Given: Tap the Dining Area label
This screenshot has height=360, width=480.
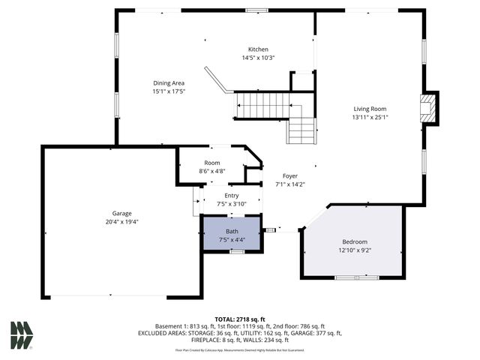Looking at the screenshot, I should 169,83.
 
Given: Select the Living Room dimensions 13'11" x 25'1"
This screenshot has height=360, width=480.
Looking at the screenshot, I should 370,116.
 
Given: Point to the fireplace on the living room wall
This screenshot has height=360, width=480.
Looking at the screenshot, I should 428,108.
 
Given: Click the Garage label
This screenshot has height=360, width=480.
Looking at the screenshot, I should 122,213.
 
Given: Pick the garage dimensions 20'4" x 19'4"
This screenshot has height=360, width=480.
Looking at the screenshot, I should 122,221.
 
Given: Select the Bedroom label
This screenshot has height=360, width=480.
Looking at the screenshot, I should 355,241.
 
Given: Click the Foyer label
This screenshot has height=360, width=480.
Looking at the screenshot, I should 289,175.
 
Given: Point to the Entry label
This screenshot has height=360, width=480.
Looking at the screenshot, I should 231,195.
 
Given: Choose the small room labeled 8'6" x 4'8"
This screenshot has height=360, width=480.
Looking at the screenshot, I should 211,171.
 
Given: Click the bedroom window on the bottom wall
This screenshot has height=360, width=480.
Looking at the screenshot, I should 355,277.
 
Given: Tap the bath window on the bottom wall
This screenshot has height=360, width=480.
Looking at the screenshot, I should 236,252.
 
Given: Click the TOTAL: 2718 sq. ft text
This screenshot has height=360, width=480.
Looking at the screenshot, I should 239,319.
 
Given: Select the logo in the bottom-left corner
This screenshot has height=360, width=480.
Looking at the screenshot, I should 21,334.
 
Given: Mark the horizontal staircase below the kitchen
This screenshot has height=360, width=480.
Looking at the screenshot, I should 262,104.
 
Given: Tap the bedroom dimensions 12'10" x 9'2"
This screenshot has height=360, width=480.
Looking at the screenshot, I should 355,250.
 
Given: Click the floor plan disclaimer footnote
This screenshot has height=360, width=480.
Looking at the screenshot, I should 239,349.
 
